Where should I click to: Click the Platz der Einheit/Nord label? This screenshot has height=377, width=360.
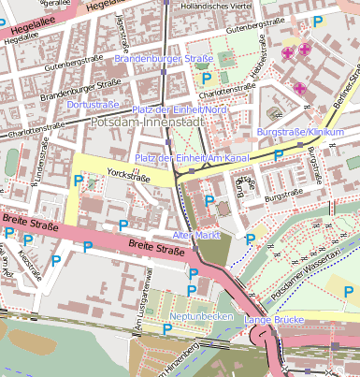coord(180,109)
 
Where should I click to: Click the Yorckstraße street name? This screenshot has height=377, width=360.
coord(129,174)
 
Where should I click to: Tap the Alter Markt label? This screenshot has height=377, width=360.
coord(196,234)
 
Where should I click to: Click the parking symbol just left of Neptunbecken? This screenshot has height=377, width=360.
coord(166,328)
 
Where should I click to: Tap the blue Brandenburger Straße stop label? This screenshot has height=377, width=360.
coord(164,59)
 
